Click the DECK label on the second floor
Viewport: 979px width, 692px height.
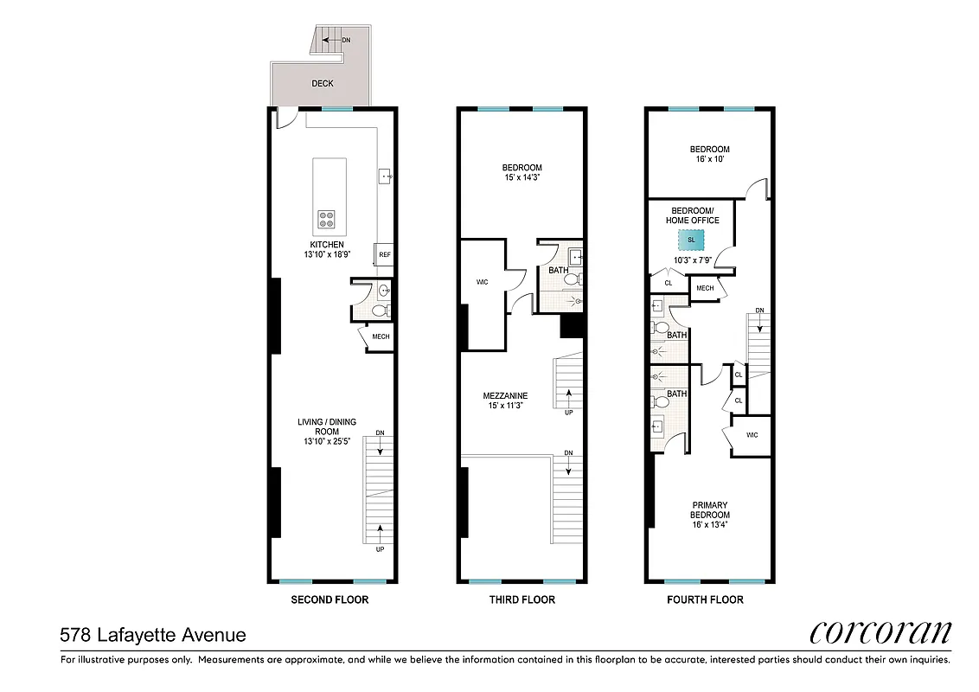pyautogui.click(x=322, y=84)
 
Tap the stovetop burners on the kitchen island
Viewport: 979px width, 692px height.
pyautogui.click(x=327, y=219)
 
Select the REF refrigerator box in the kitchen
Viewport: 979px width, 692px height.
pyautogui.click(x=384, y=255)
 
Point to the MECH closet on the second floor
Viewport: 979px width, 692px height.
pyautogui.click(x=381, y=336)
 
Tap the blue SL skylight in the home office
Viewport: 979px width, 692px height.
pyautogui.click(x=691, y=240)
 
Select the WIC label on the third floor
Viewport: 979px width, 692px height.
pyautogui.click(x=483, y=282)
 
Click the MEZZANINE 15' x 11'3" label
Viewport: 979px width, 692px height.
pyautogui.click(x=505, y=400)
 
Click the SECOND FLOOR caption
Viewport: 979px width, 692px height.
pyautogui.click(x=330, y=599)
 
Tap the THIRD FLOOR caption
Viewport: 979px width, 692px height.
pyautogui.click(x=521, y=599)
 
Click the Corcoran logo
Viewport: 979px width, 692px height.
pyautogui.click(x=880, y=633)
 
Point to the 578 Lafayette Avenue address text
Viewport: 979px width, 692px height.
pyautogui.click(x=153, y=636)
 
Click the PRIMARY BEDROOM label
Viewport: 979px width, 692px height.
pyautogui.click(x=709, y=515)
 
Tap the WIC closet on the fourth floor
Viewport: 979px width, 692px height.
pyautogui.click(x=751, y=435)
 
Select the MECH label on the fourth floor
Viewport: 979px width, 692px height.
pyautogui.click(x=704, y=288)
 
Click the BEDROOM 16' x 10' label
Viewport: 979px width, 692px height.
pyautogui.click(x=709, y=154)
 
